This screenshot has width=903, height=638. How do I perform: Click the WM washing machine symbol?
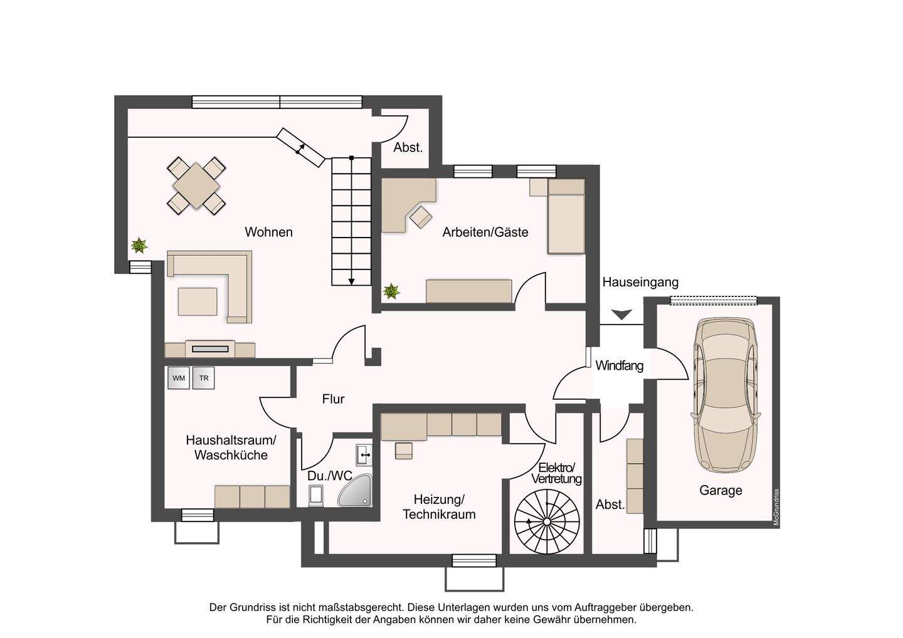[x=179, y=378]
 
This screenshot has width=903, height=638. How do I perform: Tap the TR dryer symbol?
[x=204, y=378]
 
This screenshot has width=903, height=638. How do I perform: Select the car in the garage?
[x=726, y=395]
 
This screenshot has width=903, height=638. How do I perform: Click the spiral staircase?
[x=547, y=521]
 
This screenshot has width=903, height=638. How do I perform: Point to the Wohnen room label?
[x=268, y=232]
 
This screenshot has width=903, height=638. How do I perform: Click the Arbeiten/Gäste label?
[x=485, y=232]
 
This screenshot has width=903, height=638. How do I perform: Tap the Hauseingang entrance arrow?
[x=621, y=315]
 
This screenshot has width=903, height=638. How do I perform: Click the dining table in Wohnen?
[x=196, y=186]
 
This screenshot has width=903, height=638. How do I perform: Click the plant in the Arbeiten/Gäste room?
[x=391, y=291]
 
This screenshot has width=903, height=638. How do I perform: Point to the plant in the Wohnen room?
[x=139, y=245]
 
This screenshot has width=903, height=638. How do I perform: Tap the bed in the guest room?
[x=566, y=216]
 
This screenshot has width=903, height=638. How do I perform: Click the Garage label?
[x=721, y=490]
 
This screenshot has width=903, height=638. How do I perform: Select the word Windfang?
[x=619, y=366]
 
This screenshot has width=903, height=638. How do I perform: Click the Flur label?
[x=333, y=399]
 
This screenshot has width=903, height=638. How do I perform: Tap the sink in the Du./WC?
[x=364, y=455]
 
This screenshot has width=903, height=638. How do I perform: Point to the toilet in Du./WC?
[x=315, y=495]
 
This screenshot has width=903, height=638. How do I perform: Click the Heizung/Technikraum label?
[x=439, y=506]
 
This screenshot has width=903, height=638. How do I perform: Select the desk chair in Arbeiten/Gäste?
[x=421, y=217]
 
